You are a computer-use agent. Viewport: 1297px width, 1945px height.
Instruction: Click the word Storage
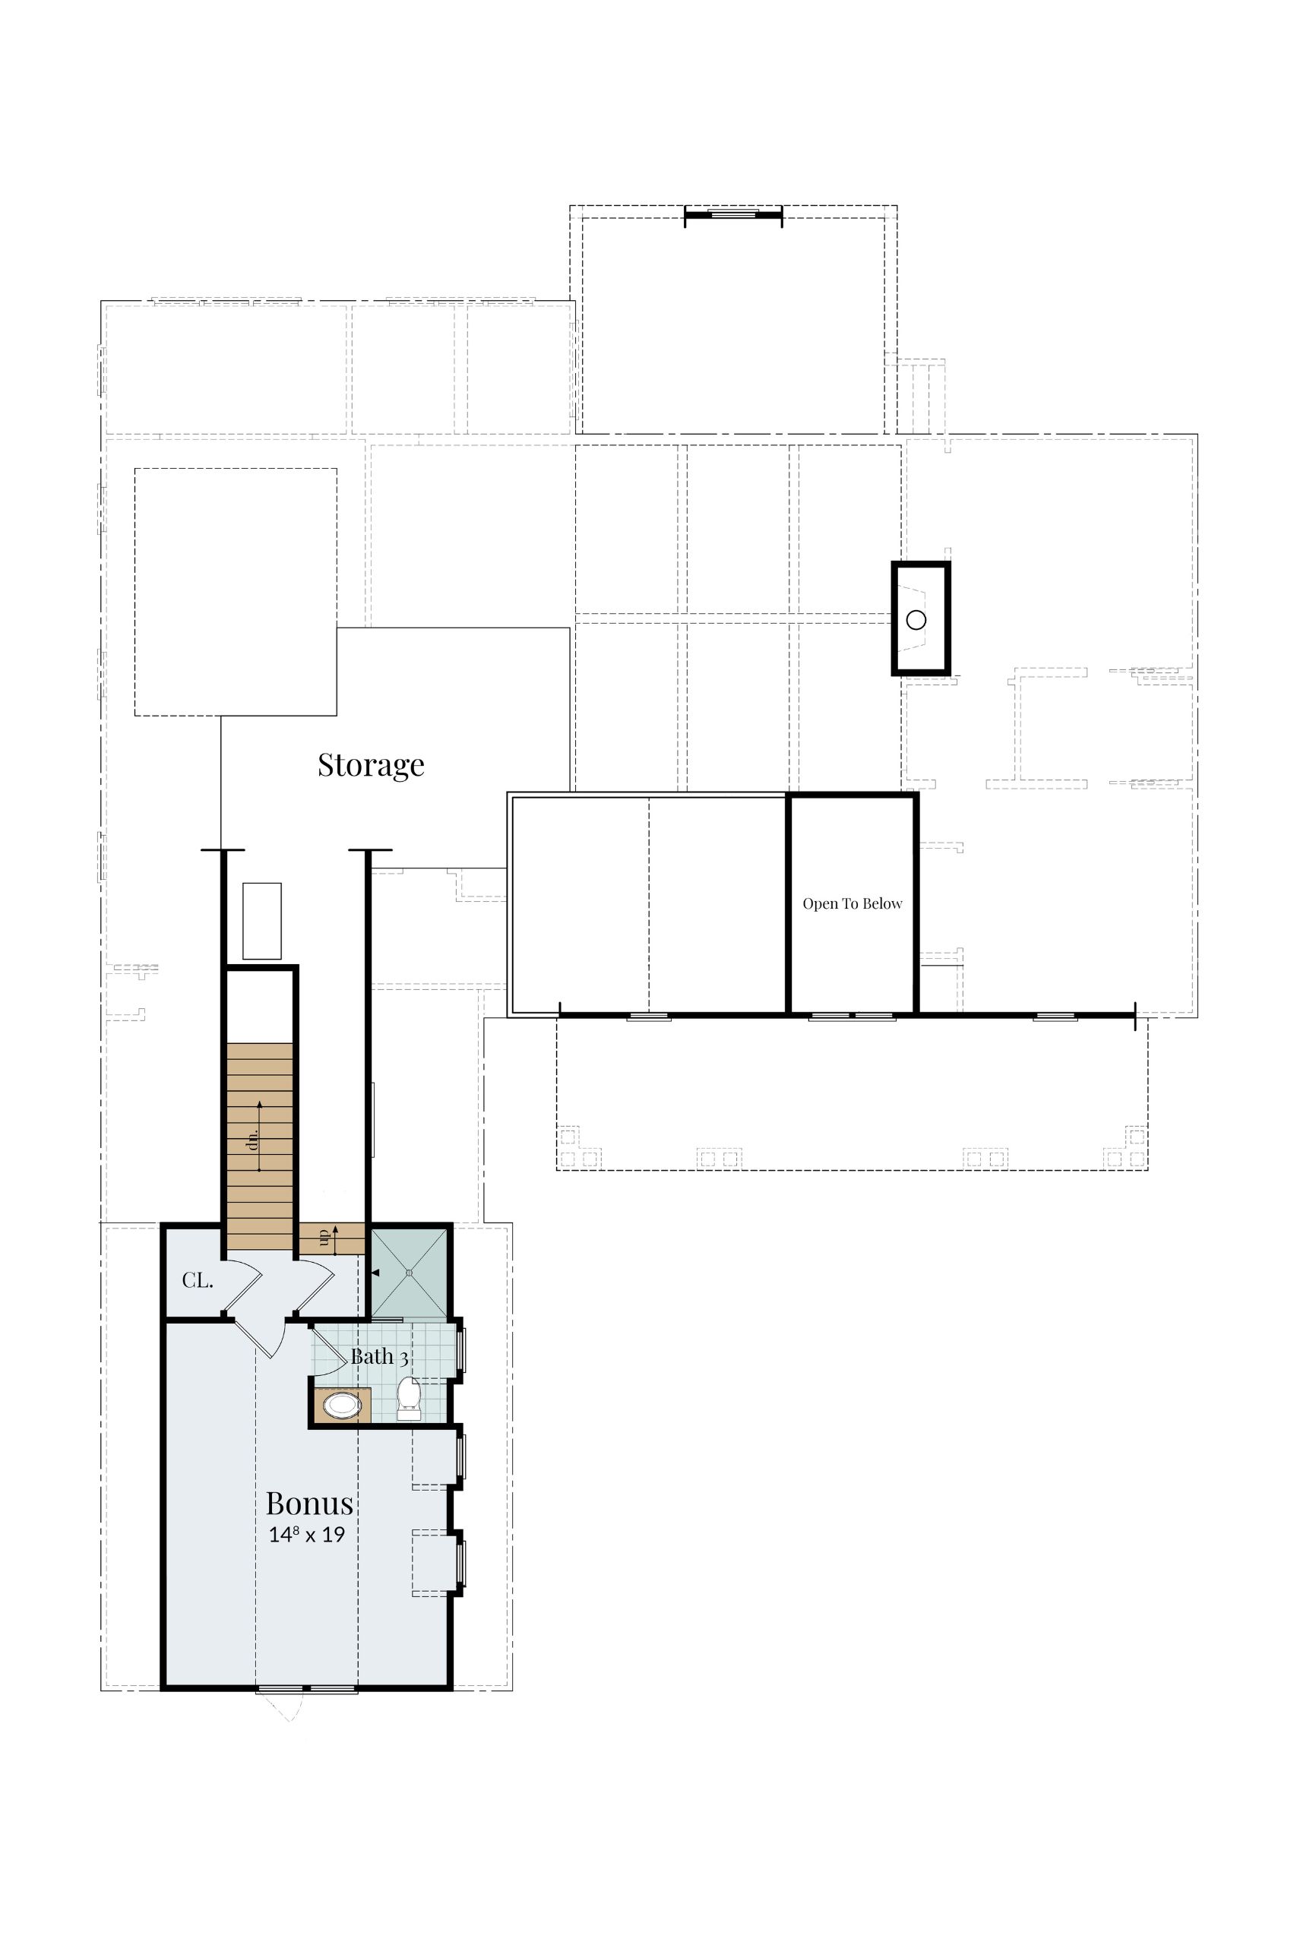[371, 766]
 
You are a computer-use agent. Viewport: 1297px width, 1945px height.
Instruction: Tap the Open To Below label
[852, 904]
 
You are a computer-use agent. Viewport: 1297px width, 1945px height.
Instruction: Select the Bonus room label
[308, 1503]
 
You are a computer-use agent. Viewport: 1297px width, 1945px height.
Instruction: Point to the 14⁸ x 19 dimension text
[306, 1535]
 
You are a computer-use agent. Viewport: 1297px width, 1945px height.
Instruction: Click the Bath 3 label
[379, 1357]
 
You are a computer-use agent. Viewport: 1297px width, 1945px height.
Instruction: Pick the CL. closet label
[198, 1281]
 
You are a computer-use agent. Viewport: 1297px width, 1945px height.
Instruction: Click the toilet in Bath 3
[409, 1399]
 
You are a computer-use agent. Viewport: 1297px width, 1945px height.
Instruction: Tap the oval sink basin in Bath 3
[342, 1405]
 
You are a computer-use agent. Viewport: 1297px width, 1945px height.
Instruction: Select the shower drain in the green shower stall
[410, 1274]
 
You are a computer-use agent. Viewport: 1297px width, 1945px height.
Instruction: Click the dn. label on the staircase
[253, 1139]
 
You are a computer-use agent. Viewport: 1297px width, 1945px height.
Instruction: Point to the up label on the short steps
[324, 1238]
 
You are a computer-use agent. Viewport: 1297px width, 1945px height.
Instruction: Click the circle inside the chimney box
[916, 619]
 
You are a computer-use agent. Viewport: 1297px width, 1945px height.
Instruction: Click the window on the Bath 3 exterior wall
[461, 1349]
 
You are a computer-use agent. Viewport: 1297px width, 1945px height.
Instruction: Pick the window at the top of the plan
[733, 214]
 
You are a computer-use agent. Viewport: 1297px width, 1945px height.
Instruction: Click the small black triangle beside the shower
[375, 1273]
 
